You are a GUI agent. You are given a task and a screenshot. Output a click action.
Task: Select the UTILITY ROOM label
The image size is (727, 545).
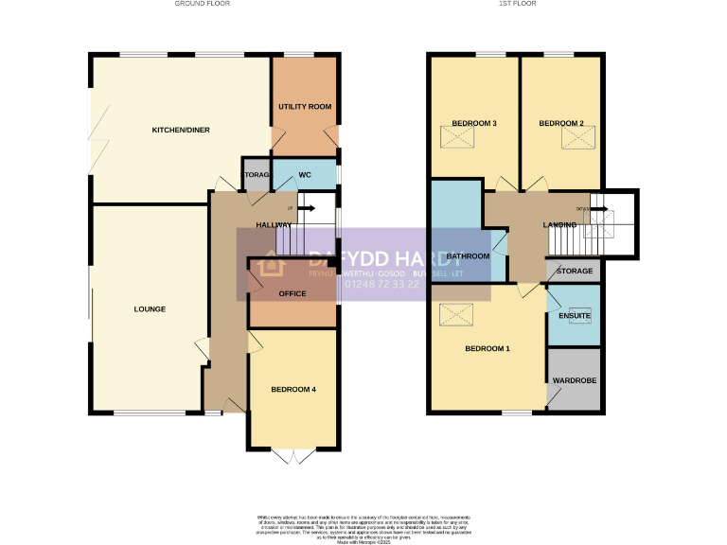pyautogui.click(x=305, y=107)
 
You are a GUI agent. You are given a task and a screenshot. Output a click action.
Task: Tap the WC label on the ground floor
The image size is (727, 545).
pyautogui.click(x=305, y=175)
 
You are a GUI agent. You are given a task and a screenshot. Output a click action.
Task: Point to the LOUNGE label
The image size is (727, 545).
pyautogui.click(x=150, y=309)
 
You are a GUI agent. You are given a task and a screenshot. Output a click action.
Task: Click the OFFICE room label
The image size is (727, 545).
pyautogui.click(x=293, y=294)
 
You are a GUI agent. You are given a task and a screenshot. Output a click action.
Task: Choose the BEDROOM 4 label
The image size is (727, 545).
pyautogui.click(x=293, y=390)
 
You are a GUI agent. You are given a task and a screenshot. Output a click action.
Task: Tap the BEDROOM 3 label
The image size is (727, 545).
pyautogui.click(x=474, y=124)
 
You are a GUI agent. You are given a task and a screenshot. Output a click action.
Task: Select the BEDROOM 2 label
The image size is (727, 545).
pyautogui.click(x=561, y=124)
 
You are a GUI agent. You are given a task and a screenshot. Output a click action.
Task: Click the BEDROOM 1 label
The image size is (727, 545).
pyautogui.click(x=488, y=349)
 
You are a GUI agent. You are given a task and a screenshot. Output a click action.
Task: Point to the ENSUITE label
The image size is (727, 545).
pyautogui.click(x=575, y=315)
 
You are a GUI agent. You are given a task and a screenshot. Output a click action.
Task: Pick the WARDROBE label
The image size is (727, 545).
pyautogui.click(x=575, y=380)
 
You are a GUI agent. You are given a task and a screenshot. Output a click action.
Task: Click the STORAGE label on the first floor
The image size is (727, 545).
pyautogui.click(x=575, y=272)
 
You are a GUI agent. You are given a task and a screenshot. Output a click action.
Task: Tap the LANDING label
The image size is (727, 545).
pyautogui.click(x=559, y=224)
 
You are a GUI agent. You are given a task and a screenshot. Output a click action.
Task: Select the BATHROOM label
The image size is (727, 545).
pyautogui.click(x=469, y=256)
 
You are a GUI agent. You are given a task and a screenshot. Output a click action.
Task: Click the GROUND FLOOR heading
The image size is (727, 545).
pyautogui.click(x=202, y=4)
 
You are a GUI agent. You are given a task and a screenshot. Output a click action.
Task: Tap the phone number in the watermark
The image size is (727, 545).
pyautogui.click(x=382, y=284)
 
